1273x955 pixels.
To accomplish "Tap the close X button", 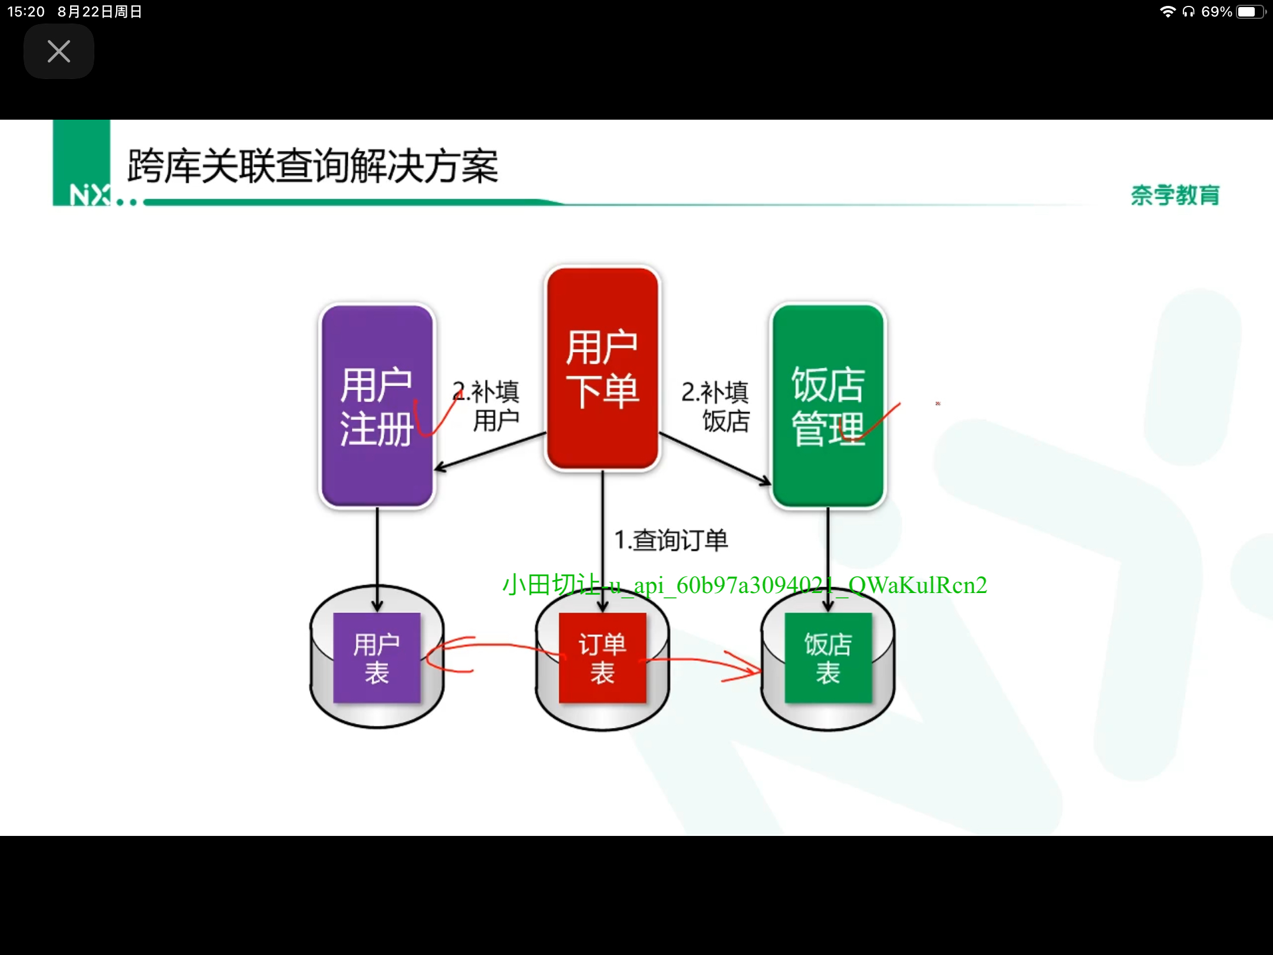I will tap(58, 51).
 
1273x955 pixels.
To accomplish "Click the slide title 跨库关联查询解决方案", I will tap(313, 166).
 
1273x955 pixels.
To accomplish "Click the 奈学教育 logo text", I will tap(1175, 195).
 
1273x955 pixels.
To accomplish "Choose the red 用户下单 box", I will tap(602, 368).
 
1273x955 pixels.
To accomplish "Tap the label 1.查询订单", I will tap(671, 540).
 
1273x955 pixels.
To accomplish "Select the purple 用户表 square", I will tap(377, 657).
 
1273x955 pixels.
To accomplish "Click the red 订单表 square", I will tap(602, 657).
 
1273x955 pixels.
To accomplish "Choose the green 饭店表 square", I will tap(828, 657).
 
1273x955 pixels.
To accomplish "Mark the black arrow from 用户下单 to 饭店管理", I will tap(714, 459).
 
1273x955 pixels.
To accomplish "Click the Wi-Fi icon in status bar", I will tap(1168, 12).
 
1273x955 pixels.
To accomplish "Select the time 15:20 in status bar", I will tap(26, 12).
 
